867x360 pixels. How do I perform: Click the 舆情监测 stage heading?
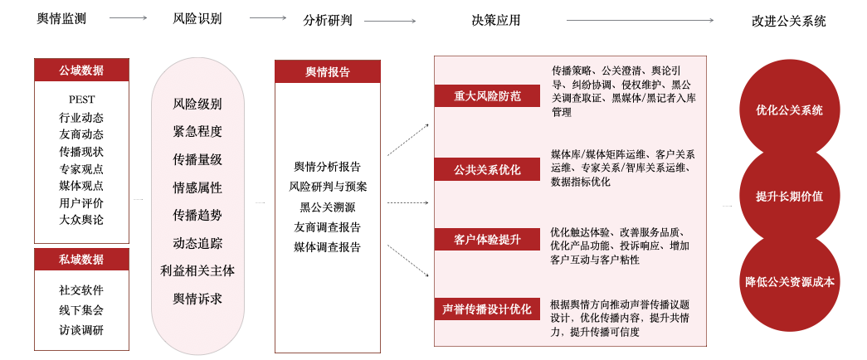62,19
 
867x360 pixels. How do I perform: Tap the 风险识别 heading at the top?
197,19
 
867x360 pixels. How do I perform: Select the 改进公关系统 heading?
788,21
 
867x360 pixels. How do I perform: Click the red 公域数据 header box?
81,71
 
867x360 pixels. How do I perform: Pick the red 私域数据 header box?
81,260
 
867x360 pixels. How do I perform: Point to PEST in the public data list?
81,100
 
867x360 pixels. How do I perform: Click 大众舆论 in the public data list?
81,220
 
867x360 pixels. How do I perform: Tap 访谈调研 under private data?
81,330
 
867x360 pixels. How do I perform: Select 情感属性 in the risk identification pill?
197,187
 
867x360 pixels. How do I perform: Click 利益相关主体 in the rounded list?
197,270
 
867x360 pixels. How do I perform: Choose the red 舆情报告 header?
328,72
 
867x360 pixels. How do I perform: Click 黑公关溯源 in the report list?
328,207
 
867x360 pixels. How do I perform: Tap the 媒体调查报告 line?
328,247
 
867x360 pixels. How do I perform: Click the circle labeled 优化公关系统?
789,109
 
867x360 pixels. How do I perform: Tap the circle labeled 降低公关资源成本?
789,282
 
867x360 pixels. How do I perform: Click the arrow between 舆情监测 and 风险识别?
128,17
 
